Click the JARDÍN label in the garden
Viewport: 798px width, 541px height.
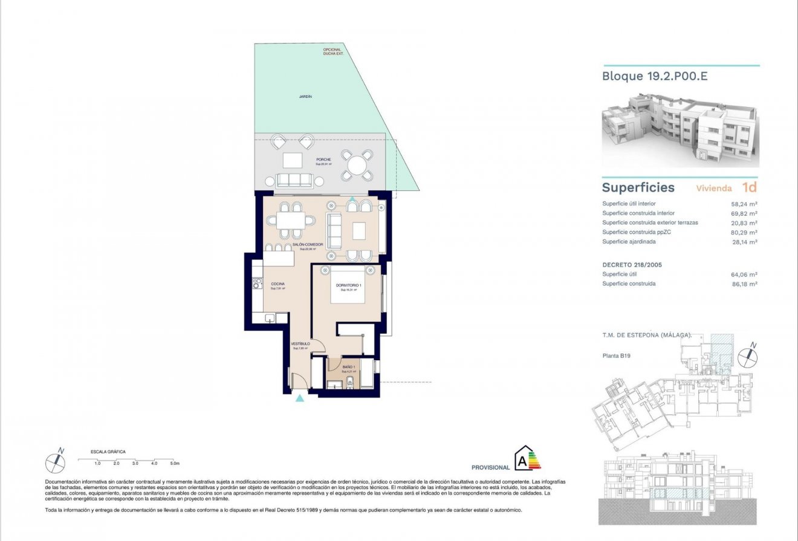[x=305, y=96]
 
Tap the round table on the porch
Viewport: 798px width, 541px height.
[x=357, y=165]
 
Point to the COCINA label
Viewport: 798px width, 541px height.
[x=277, y=283]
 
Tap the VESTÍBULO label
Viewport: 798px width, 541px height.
[x=300, y=343]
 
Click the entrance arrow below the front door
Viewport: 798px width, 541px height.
[x=299, y=398]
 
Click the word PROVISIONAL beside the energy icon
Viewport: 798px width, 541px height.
[x=490, y=467]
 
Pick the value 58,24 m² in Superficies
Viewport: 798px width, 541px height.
[x=744, y=204]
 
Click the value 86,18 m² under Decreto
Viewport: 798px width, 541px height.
[x=744, y=283]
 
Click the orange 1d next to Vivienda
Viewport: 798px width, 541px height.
[x=750, y=187]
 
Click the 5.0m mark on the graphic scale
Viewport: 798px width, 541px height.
[x=174, y=464]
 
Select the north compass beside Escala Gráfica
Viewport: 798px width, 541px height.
[x=56, y=461]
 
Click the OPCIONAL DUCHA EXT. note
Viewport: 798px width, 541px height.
[x=332, y=51]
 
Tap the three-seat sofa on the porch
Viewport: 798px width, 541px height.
[x=294, y=180]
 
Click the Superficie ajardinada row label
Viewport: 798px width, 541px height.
[x=629, y=242]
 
